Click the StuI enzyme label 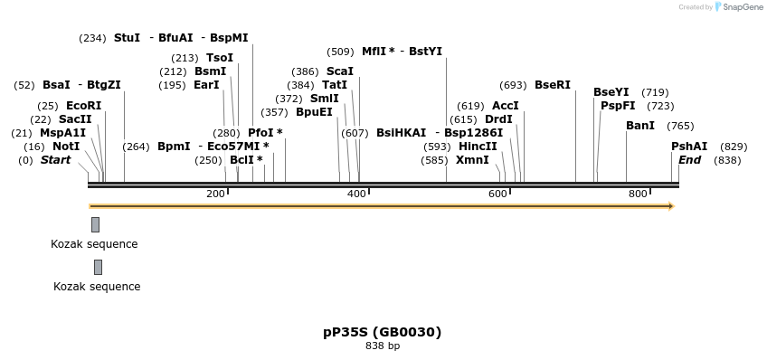click(x=127, y=38)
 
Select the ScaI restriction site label click(x=340, y=71)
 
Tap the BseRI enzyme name click(x=553, y=85)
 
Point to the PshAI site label click(x=688, y=147)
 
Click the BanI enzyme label click(x=640, y=126)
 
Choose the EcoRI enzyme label click(x=83, y=106)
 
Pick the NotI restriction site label click(x=66, y=147)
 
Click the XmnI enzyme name click(x=472, y=160)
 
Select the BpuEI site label click(x=314, y=112)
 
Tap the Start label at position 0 click(x=55, y=160)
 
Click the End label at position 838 click(x=689, y=160)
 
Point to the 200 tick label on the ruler click(x=215, y=194)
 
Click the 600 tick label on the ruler click(x=497, y=194)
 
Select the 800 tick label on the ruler click(x=638, y=194)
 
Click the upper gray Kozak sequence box click(x=95, y=224)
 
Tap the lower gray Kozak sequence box click(x=98, y=267)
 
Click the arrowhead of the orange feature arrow click(x=670, y=206)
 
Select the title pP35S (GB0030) click(x=383, y=332)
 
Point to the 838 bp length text click(x=383, y=346)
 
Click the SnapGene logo click(x=739, y=7)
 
